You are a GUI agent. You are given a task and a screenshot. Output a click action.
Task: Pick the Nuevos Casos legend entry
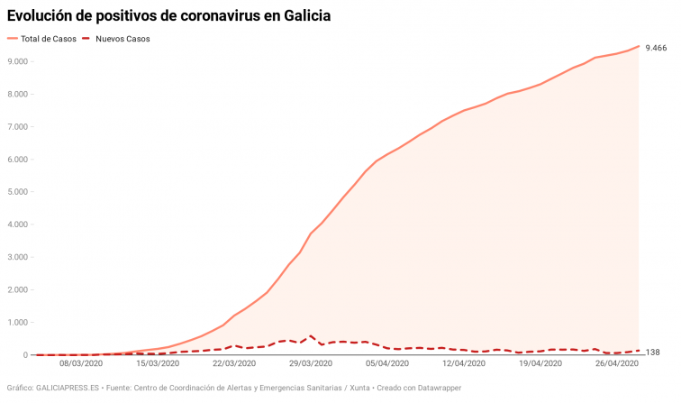click(x=123, y=40)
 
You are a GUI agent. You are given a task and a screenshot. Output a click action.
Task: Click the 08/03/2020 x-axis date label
click(x=81, y=365)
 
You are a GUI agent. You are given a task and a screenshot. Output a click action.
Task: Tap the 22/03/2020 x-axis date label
click(x=234, y=365)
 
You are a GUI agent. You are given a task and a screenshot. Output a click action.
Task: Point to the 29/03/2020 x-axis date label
click(x=311, y=365)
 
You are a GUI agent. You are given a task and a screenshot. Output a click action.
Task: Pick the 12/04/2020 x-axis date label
click(x=464, y=365)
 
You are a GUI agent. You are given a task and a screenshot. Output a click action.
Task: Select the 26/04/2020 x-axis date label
click(x=617, y=365)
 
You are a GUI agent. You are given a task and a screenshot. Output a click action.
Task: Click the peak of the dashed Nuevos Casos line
click(x=311, y=336)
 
